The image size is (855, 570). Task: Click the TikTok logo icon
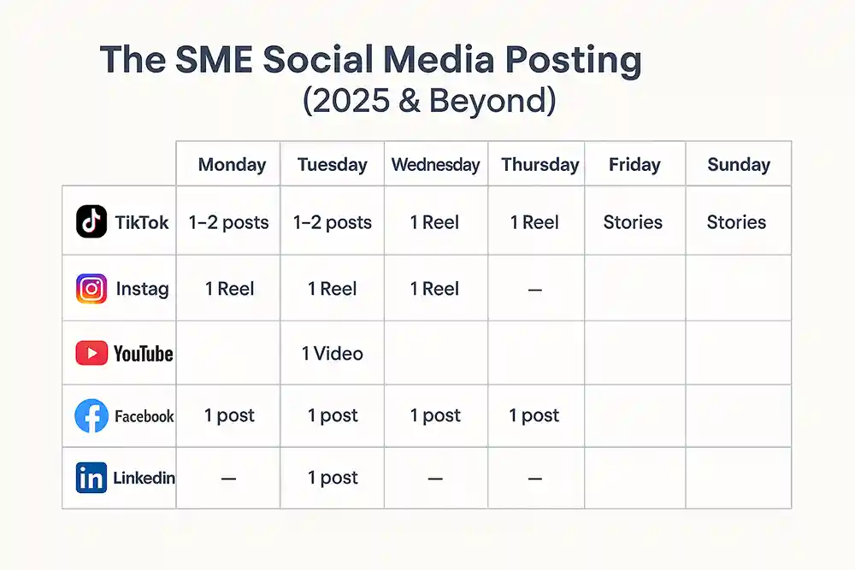pos(91,221)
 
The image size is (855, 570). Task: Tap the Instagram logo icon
pos(91,288)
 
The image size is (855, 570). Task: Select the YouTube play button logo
pos(91,353)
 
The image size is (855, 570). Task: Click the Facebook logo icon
pos(91,416)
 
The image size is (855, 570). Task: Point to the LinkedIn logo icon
pos(91,478)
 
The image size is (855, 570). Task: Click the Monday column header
pos(232,165)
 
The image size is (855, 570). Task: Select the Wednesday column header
pos(435,165)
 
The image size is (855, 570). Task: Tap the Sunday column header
pos(739,165)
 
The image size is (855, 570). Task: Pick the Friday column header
pos(634,165)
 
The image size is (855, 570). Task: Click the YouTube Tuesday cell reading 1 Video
pos(332,354)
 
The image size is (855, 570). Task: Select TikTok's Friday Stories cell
pos(633,222)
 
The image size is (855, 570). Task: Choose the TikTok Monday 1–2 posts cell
pos(228,222)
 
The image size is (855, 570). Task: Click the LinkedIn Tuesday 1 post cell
pos(333,478)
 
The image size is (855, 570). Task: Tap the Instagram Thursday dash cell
pos(535,290)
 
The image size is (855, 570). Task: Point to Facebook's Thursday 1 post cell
pos(534,415)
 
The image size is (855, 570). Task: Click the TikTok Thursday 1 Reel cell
pos(534,222)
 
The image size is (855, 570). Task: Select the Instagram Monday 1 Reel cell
pos(229,289)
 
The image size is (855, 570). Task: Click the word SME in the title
pos(214,60)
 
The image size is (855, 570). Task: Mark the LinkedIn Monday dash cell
pos(228,479)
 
